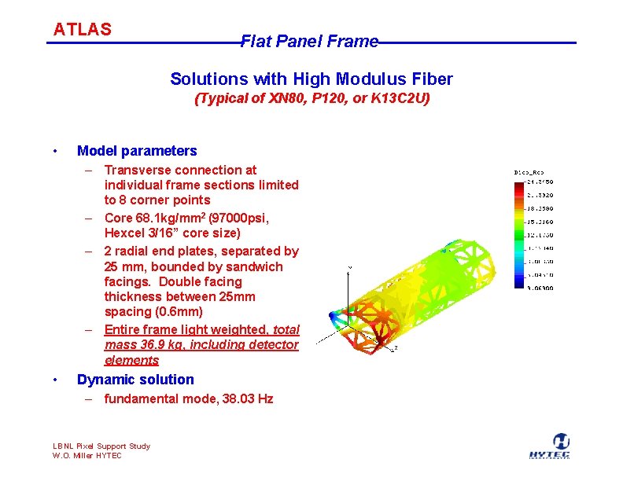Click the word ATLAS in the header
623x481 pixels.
click(82, 30)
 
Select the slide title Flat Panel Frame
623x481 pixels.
click(309, 42)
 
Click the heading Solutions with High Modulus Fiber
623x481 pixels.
click(311, 79)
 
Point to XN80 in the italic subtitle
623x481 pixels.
click(286, 99)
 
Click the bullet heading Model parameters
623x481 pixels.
click(137, 151)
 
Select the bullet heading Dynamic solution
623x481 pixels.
click(135, 380)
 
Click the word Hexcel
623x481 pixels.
click(124, 233)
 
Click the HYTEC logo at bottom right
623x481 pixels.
click(549, 446)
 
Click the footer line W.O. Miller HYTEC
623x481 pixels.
click(87, 456)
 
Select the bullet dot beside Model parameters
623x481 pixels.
click(53, 151)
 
